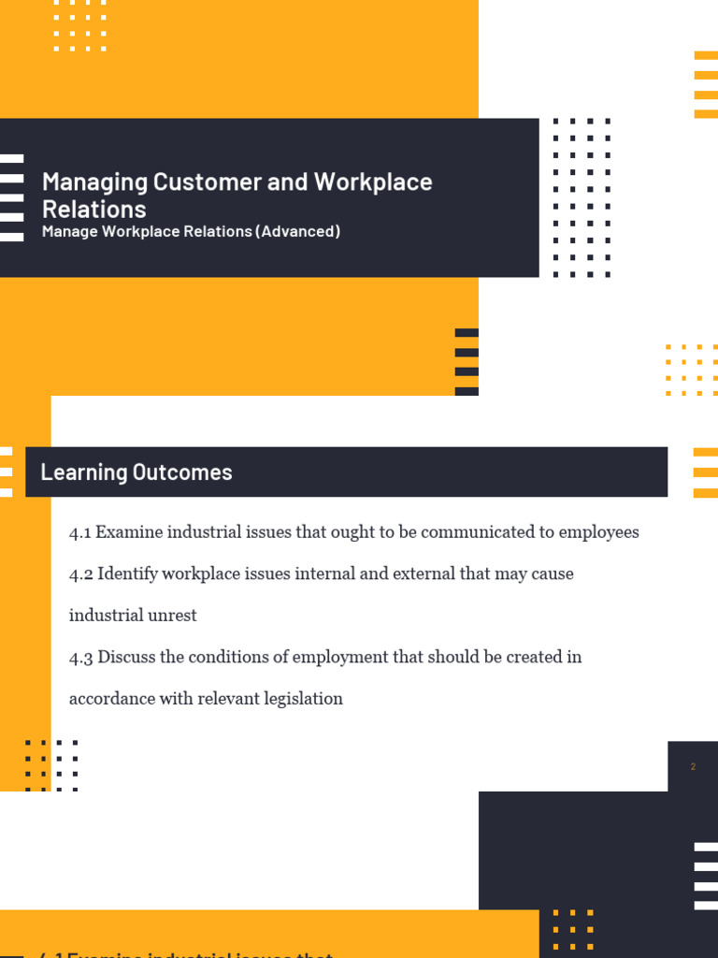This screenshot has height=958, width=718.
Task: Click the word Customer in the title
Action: coord(208,181)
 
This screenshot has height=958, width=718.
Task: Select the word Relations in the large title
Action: coord(94,209)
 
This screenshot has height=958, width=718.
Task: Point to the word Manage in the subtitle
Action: coord(71,231)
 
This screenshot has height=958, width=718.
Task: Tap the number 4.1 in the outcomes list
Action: coord(79,532)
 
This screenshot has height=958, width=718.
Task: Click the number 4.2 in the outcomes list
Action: coord(80,573)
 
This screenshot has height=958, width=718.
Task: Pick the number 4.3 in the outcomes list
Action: coord(80,657)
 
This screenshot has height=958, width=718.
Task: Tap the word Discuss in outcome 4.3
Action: coord(126,657)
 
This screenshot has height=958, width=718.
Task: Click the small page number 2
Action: coord(693,767)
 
